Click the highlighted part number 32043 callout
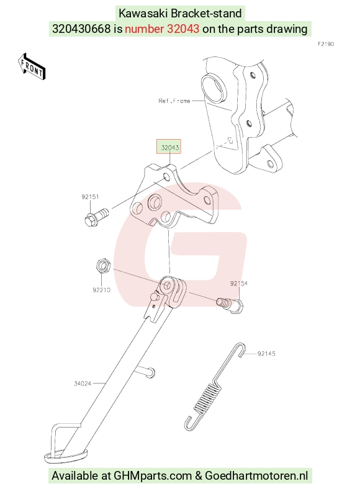tap(169, 147)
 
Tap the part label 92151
tap(90, 197)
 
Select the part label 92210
tap(101, 290)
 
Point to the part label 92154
tap(239, 283)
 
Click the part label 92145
tap(266, 354)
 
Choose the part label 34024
tap(83, 384)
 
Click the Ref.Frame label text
tap(174, 101)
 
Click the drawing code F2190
tap(326, 44)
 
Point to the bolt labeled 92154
tap(230, 305)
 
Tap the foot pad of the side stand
tap(66, 456)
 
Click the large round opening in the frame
tap(213, 89)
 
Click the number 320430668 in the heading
tap(81, 29)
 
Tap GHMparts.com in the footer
tap(153, 475)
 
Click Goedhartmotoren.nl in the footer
tap(256, 475)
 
